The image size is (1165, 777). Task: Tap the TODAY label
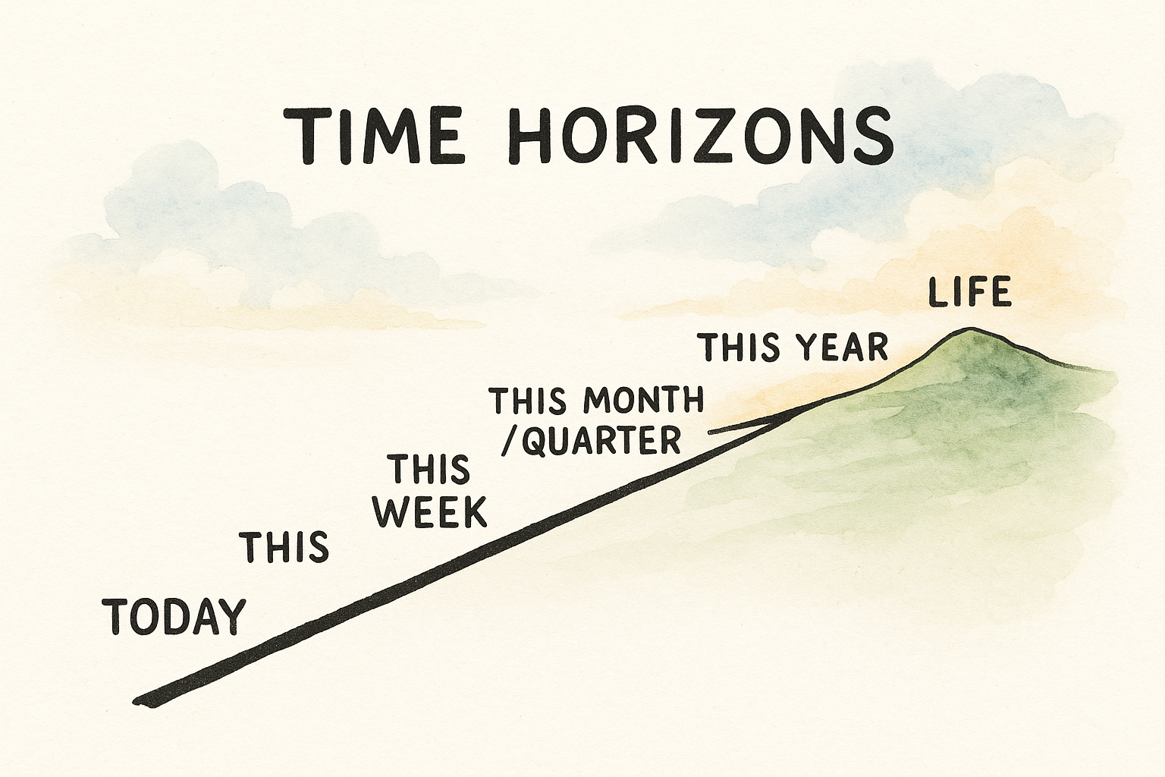174,616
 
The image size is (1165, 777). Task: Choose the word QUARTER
602,440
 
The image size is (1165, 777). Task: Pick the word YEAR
843,348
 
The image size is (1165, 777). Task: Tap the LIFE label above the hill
970,293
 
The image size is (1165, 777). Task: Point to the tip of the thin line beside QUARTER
709,433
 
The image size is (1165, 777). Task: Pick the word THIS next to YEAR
740,348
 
